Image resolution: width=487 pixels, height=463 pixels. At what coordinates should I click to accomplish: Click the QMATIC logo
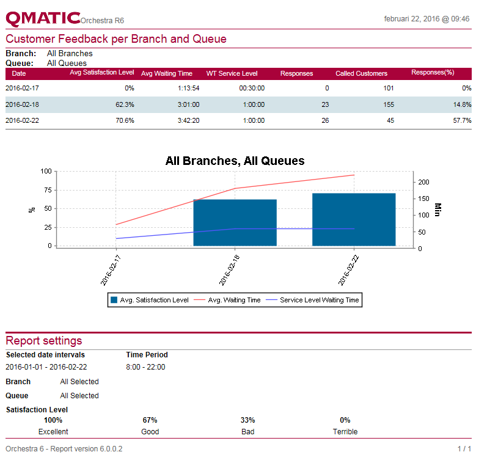pos(43,18)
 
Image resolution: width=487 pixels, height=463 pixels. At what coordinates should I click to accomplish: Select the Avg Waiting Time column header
pos(166,73)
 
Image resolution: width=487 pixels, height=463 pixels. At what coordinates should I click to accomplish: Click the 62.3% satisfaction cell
pos(125,104)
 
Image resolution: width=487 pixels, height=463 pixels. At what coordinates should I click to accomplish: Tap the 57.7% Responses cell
pos(461,120)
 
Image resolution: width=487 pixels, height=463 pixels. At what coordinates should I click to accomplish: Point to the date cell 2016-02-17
pos(22,88)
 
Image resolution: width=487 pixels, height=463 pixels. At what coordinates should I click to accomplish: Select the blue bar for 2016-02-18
pos(235,222)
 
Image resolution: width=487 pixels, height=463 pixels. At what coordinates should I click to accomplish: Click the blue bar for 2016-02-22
pos(354,219)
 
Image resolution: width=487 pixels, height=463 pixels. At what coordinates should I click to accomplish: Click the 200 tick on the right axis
pos(423,182)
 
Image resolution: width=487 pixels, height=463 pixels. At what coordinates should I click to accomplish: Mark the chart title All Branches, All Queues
pos(235,161)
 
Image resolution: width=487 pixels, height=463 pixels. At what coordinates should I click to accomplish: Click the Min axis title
pos(438,210)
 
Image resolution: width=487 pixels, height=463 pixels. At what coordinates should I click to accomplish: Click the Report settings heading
pos(44,340)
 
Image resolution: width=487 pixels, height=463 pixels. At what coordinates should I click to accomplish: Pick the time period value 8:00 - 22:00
pos(145,367)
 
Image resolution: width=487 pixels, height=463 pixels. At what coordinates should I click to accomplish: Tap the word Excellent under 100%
pos(53,431)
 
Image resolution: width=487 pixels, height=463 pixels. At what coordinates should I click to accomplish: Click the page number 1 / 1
pos(464,449)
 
